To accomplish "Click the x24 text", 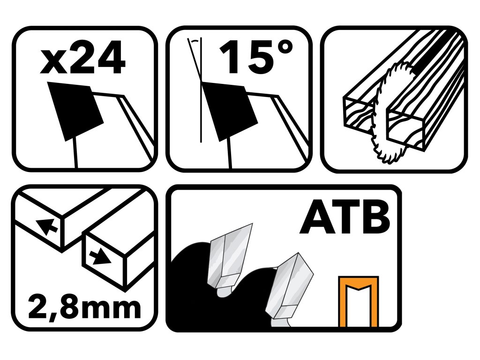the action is [x=82, y=58].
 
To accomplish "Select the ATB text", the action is [x=345, y=217].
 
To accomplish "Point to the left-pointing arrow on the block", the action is [x=46, y=227].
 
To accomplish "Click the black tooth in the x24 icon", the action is [x=75, y=112].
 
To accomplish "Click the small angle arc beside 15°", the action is [x=194, y=40].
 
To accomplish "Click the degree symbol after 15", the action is [x=285, y=48].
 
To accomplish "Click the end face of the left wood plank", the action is [x=358, y=113].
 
